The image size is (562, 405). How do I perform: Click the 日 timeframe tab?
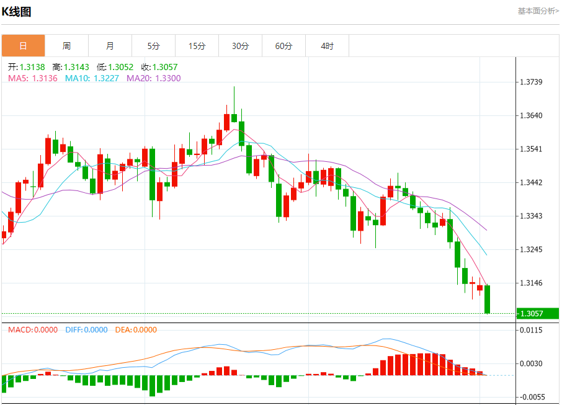[23, 46]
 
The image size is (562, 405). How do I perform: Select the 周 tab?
[66, 46]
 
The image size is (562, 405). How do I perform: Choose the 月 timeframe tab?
[110, 46]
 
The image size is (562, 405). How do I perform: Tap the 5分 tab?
[153, 46]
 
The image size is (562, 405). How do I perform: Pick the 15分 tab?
[197, 46]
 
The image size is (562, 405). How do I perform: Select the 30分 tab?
[240, 46]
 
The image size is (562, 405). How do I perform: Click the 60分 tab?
[283, 46]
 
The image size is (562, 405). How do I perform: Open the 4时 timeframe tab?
[327, 46]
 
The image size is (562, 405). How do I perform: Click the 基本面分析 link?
[538, 11]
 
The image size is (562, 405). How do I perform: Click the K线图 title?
[17, 11]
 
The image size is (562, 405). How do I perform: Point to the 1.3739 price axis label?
[531, 82]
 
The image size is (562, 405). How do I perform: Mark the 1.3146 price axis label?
[531, 283]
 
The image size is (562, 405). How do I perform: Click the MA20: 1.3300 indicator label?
[154, 78]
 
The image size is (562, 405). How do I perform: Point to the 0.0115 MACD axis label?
[531, 331]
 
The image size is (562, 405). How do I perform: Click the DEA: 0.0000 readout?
[136, 330]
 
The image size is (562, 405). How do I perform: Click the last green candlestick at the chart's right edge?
[488, 299]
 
